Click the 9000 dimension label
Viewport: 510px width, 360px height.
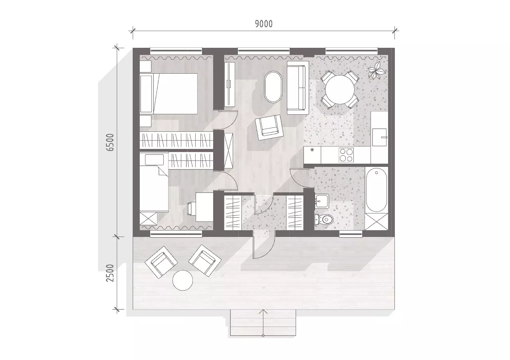264,24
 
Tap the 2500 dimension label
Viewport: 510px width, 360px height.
110,273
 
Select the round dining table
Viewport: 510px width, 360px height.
340,90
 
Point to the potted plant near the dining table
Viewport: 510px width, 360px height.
377,70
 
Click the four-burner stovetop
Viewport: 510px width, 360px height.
346,155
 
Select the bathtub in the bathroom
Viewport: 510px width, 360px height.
377,190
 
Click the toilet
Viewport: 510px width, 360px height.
324,219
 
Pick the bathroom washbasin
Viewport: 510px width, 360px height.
322,201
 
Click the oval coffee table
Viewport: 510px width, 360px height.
273,87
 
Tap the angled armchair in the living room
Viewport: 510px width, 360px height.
269,127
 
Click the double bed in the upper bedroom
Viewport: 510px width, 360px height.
169,94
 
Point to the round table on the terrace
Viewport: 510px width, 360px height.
182,280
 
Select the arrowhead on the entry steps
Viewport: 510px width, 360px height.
263,312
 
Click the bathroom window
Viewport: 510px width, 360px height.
351,234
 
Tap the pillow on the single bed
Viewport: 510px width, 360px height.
154,160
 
